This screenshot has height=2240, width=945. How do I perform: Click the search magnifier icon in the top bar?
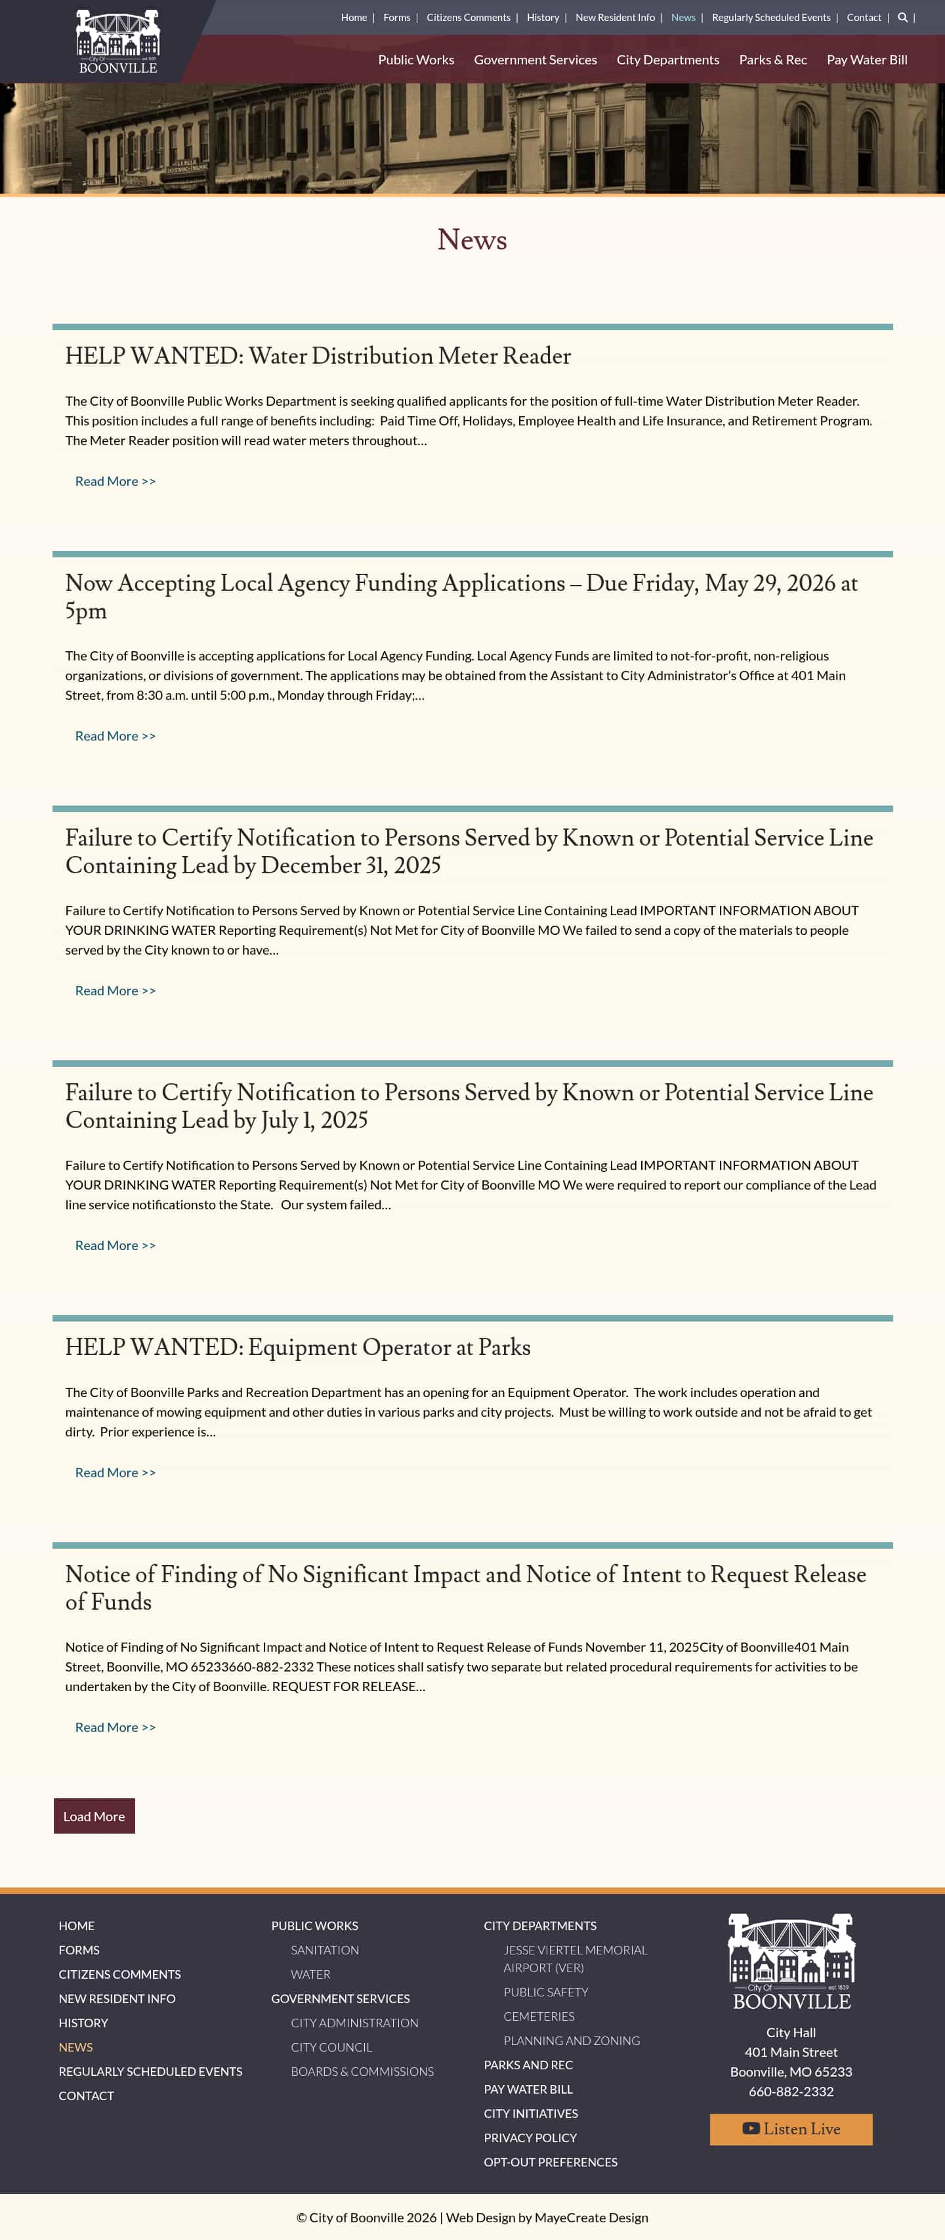coord(902,17)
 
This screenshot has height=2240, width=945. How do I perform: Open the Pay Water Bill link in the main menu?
coord(867,60)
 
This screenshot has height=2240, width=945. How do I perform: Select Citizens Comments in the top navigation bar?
coord(468,17)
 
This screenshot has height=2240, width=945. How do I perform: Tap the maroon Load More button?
coord(94,1816)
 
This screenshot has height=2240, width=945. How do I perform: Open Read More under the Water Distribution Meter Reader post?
coord(115,481)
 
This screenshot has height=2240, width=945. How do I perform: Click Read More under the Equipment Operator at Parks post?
coord(115,1472)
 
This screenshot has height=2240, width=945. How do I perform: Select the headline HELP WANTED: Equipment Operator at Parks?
coord(297,1347)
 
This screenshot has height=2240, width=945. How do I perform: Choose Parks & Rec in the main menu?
coord(773,60)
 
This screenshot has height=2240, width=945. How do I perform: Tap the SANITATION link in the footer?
coord(324,1950)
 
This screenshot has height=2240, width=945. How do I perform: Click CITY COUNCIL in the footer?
coord(331,2047)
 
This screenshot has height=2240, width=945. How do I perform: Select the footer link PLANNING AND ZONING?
coord(571,2040)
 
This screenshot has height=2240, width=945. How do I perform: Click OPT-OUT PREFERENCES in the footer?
coord(551,2162)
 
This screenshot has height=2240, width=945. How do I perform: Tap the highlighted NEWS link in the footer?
coord(75,2047)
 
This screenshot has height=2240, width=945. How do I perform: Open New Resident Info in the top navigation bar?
coord(615,17)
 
